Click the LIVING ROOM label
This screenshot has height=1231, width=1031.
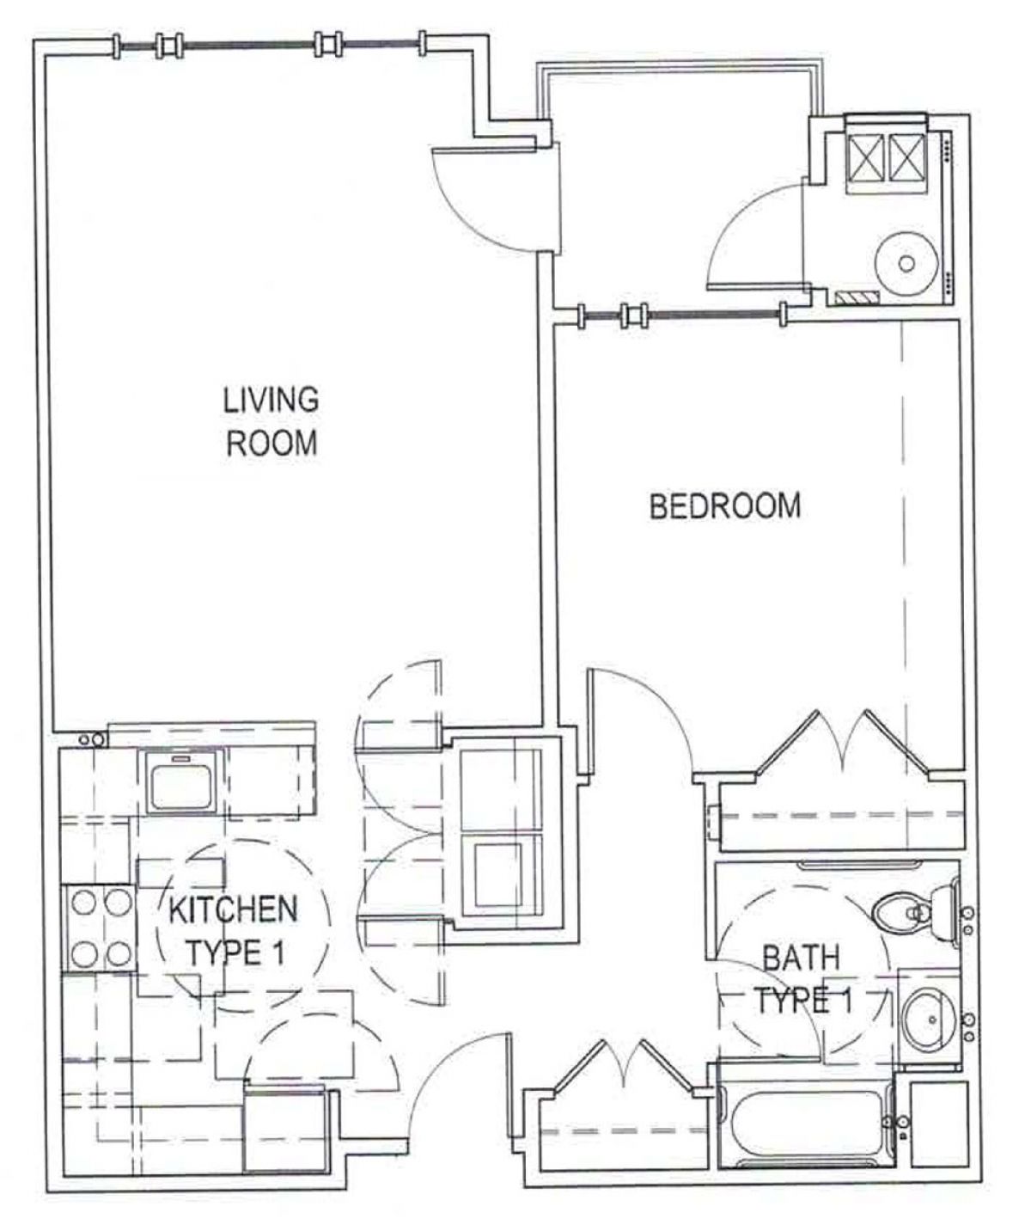271,421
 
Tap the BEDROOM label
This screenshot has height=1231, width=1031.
724,506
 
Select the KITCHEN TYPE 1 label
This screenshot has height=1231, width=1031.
234,931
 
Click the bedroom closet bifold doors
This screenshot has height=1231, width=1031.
843,748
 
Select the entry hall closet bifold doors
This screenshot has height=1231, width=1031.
623,1070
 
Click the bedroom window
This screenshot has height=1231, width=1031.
682,315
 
